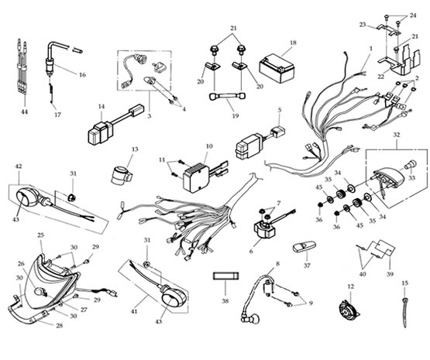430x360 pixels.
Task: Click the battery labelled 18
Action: pyautogui.click(x=277, y=69)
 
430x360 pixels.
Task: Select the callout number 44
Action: pyautogui.click(x=25, y=112)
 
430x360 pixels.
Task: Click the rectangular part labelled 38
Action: pyautogui.click(x=226, y=276)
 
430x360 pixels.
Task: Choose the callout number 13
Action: pyautogui.click(x=135, y=149)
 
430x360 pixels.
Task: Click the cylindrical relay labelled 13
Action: pyautogui.click(x=122, y=175)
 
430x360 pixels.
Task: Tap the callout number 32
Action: pyautogui.click(x=396, y=135)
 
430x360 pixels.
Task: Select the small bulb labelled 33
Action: pyautogui.click(x=411, y=164)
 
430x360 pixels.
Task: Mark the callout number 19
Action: pyautogui.click(x=236, y=116)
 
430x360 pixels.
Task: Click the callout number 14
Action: pyautogui.click(x=101, y=106)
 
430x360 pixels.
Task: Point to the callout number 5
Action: pyautogui.click(x=280, y=110)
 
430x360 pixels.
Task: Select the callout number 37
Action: pyautogui.click(x=307, y=266)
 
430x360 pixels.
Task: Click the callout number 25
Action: pyautogui.click(x=40, y=235)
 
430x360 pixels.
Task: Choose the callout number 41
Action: pyautogui.click(x=134, y=311)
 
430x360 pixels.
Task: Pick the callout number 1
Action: pyautogui.click(x=371, y=49)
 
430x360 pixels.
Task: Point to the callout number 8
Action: pyautogui.click(x=278, y=264)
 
